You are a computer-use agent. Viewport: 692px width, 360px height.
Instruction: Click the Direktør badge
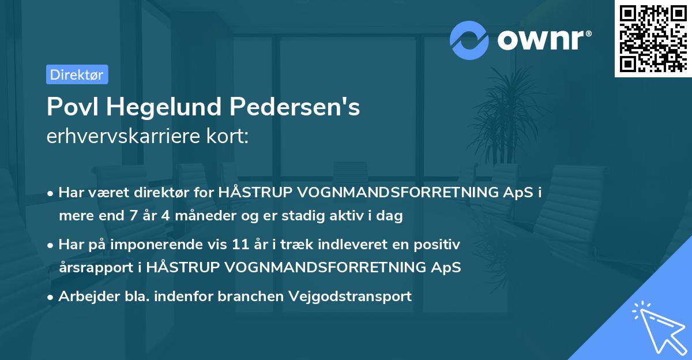(x=77, y=74)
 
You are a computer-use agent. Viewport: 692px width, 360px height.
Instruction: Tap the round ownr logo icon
(x=469, y=39)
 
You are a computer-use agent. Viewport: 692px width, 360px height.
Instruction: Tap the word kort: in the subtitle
(x=230, y=138)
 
